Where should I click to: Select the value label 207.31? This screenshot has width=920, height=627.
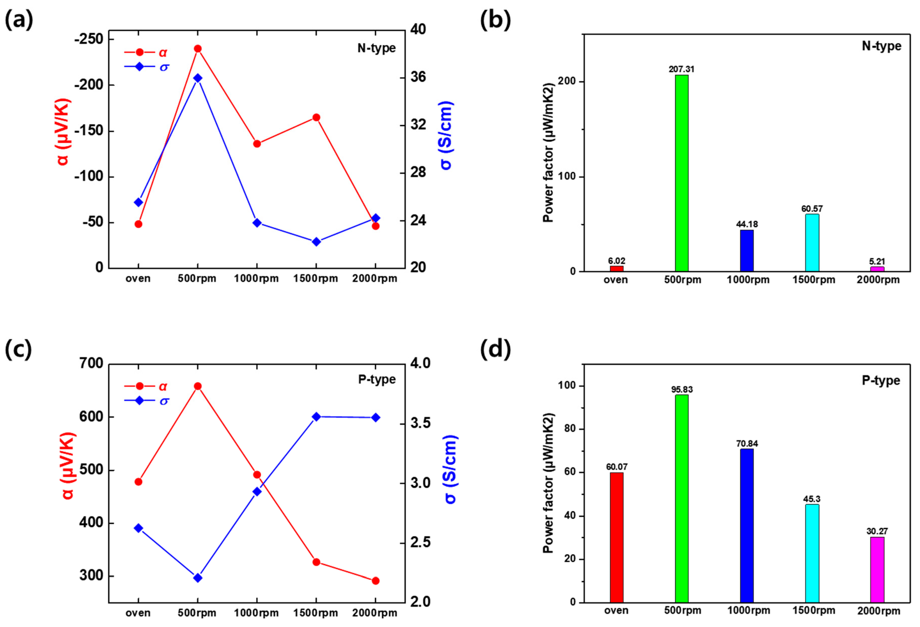[x=681, y=69]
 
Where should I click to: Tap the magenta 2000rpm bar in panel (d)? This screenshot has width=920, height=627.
[x=877, y=570]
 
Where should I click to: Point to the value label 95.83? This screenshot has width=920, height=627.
[x=682, y=390]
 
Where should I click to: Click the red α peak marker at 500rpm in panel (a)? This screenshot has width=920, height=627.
[x=198, y=49]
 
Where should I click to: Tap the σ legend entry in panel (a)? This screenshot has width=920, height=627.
[x=147, y=67]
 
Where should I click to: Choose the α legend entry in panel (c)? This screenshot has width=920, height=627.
[x=147, y=386]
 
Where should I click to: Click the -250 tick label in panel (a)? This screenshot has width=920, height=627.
[x=89, y=39]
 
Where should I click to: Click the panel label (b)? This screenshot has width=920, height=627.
[x=495, y=20]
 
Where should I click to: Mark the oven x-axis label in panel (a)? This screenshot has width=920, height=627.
[x=138, y=278]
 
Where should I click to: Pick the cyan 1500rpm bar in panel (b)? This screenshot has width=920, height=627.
[x=812, y=242]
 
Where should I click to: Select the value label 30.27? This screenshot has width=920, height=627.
[x=877, y=531]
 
